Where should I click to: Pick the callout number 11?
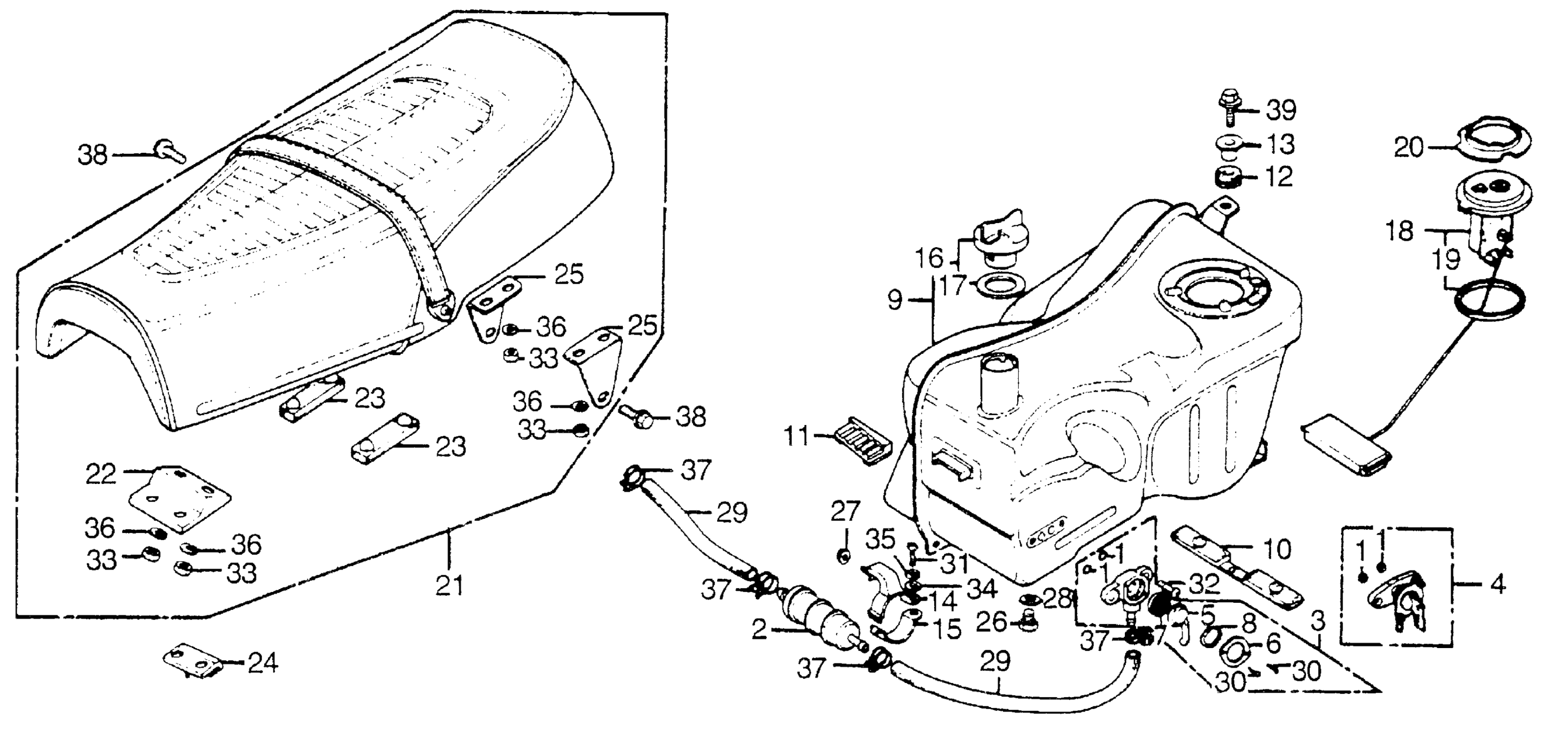pyautogui.click(x=796, y=435)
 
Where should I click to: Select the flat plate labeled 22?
pyautogui.click(x=180, y=497)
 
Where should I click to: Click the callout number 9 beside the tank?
pyautogui.click(x=895, y=301)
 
